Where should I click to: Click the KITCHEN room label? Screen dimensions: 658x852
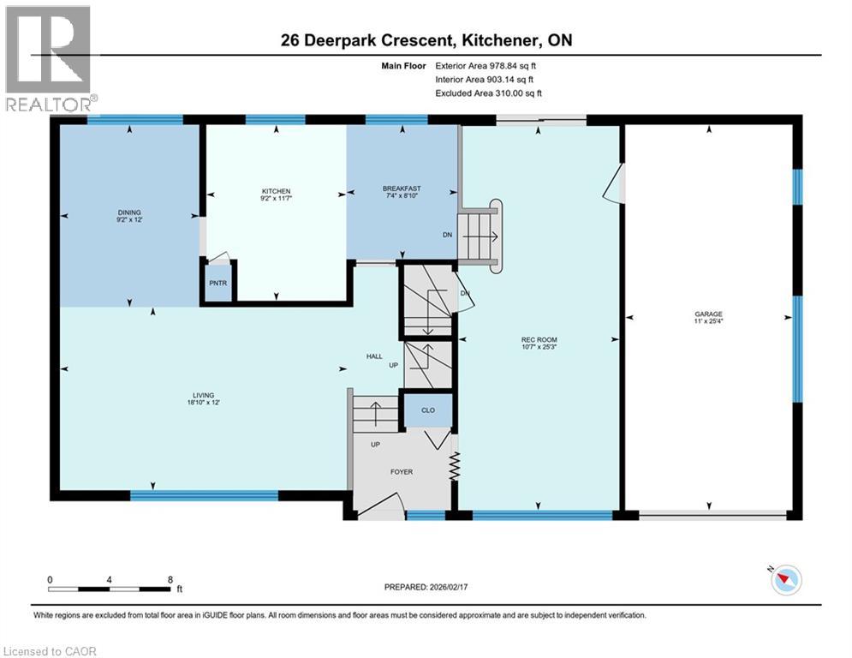coord(276,191)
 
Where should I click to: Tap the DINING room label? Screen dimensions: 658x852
coord(129,212)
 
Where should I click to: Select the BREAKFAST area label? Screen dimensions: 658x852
coord(402,188)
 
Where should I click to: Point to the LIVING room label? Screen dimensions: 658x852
coord(202,396)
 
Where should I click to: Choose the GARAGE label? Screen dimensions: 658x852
coord(708,314)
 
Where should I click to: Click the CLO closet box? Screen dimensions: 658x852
coord(428,410)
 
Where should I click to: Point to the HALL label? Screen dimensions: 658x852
coord(374,356)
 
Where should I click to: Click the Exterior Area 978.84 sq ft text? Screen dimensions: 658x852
coord(490,65)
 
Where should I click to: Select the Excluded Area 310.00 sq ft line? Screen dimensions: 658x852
coord(489,93)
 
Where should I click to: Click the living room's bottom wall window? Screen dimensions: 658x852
coord(204,494)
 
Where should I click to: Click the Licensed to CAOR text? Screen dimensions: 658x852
coord(51,651)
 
